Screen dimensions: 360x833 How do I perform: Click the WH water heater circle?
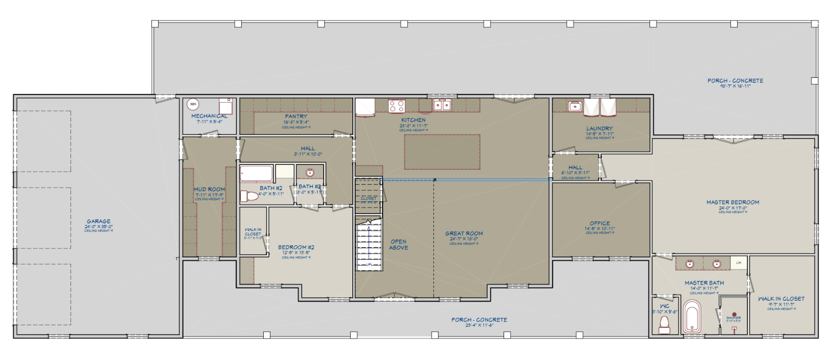point(193,104)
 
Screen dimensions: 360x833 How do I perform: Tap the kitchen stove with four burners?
point(396,106)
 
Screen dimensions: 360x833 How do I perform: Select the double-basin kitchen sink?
point(442,105)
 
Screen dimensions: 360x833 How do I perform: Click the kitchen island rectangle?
point(442,152)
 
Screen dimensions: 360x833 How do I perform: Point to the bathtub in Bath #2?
point(256,174)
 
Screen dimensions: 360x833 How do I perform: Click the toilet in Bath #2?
point(249,196)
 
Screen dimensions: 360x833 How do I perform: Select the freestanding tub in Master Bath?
point(692,317)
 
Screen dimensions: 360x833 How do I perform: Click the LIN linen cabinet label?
point(739,263)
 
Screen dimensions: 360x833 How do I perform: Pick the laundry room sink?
point(575,106)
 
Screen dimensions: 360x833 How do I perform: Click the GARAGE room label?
point(99,221)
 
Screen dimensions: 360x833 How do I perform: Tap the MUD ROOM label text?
point(209,189)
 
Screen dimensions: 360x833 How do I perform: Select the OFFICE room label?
point(599,223)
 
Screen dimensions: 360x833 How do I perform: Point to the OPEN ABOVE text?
point(398,245)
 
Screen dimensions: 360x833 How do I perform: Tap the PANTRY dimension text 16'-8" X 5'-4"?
point(296,122)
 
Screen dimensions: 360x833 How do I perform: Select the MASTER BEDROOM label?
point(732,202)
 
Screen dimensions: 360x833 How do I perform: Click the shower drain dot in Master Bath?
point(733,314)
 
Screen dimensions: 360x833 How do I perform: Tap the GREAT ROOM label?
point(464,234)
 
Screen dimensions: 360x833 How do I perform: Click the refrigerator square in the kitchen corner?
point(364,107)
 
